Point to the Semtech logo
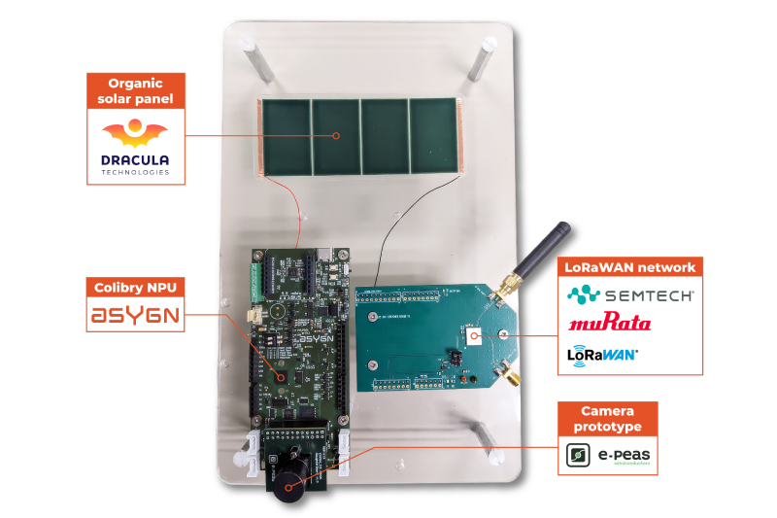pyautogui.click(x=630, y=294)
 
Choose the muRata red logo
pyautogui.click(x=610, y=323)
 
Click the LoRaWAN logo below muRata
pyautogui.click(x=602, y=355)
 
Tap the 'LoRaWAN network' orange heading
pyautogui.click(x=630, y=267)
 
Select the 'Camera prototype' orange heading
pyautogui.click(x=607, y=419)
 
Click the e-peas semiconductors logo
pyautogui.click(x=607, y=455)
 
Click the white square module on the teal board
pyautogui.click(x=474, y=335)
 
